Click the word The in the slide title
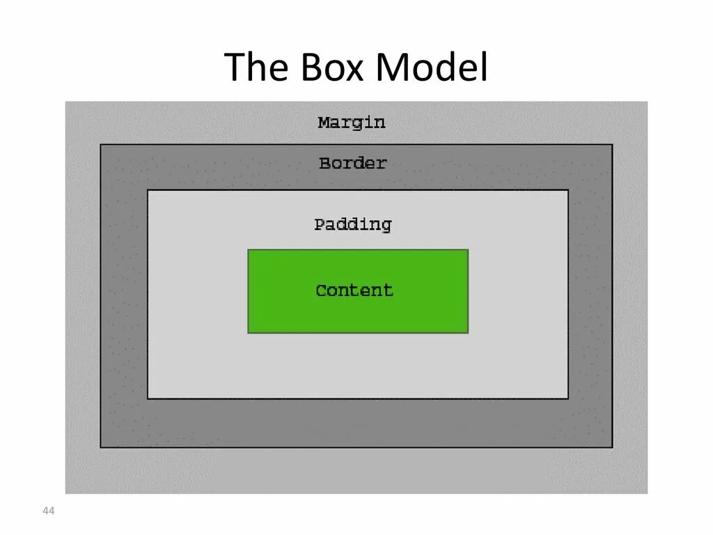(x=258, y=68)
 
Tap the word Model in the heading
(x=432, y=68)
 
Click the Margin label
(x=352, y=123)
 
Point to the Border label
(x=352, y=164)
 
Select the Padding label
(x=352, y=224)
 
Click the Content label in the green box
(x=354, y=290)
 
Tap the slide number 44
(x=48, y=512)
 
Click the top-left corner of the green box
(x=249, y=250)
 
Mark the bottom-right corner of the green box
(x=468, y=332)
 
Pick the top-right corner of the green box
(x=468, y=250)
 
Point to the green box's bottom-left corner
(x=249, y=332)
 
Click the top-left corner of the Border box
(x=101, y=145)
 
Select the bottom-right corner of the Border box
(x=612, y=447)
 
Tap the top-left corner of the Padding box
(x=148, y=190)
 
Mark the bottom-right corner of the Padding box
(x=568, y=398)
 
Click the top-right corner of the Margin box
(x=647, y=102)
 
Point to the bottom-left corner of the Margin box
(x=65, y=493)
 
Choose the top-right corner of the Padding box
(x=568, y=190)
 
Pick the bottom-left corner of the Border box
(x=101, y=447)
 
